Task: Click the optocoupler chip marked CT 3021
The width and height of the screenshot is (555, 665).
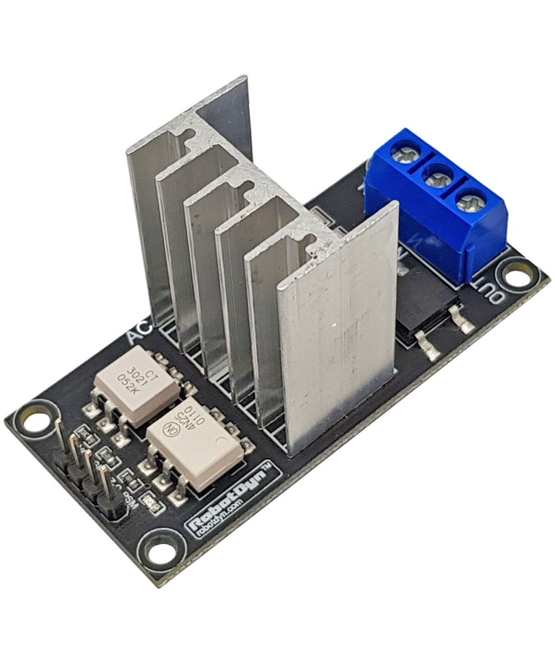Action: (x=136, y=384)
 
